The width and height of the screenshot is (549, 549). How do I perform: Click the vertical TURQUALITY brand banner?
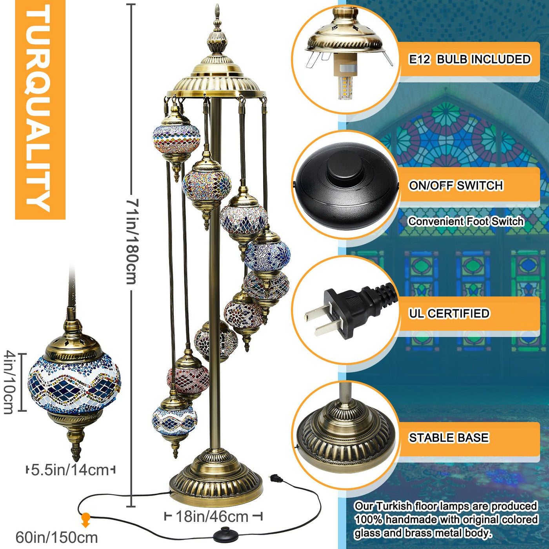point(40,110)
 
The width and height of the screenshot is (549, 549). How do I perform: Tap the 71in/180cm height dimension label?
point(132,241)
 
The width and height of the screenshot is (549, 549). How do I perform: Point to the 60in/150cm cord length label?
point(56,538)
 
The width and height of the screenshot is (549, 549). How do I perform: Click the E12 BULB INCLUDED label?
point(470,59)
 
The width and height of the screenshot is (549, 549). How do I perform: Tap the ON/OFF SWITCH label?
point(456,185)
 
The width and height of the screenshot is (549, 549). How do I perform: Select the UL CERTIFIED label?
point(449,313)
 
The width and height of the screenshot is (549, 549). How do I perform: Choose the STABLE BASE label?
point(449,438)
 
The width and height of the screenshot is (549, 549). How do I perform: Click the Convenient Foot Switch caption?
point(466,222)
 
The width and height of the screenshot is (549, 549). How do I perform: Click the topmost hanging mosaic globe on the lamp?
point(176,140)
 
